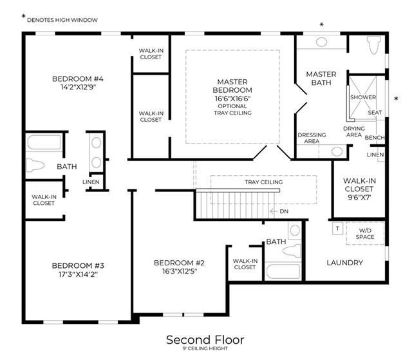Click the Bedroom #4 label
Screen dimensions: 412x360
point(78,79)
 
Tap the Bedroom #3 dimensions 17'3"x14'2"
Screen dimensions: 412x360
point(78,274)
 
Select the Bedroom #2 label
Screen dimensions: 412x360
point(179,263)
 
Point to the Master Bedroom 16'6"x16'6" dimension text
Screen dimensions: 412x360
point(232,99)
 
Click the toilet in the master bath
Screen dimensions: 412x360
point(374,45)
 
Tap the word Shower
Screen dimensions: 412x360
point(363,97)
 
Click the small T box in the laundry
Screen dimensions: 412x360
point(337,229)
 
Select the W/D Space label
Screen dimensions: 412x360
point(365,234)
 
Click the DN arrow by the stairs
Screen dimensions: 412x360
point(274,211)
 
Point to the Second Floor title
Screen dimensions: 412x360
point(205,340)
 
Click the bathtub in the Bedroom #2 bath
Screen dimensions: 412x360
point(283,271)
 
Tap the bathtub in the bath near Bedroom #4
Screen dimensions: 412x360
point(44,142)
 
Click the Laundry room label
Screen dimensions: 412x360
point(345,263)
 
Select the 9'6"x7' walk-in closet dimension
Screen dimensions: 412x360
point(359,197)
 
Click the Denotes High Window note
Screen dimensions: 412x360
point(62,20)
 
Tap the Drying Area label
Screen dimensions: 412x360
point(354,131)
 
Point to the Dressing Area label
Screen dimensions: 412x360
point(312,138)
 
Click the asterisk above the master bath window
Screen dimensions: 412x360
point(321,24)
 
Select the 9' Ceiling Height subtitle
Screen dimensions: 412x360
point(205,348)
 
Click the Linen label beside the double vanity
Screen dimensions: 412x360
point(91,182)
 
